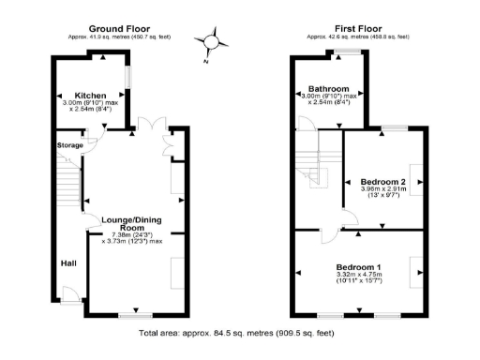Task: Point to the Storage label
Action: (x=70, y=145)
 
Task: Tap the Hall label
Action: (x=68, y=263)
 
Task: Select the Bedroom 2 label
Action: (x=383, y=181)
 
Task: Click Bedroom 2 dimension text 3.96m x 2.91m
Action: (x=383, y=193)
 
